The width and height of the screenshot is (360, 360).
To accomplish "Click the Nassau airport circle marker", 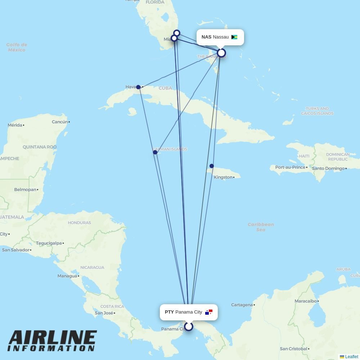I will coord(221,53).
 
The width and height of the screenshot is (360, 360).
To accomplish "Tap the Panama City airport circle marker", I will coord(189,327).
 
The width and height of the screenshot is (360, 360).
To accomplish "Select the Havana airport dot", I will coord(138,87).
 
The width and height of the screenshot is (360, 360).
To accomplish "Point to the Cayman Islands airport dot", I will coord(155,152).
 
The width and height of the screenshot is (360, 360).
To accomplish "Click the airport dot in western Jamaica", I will coord(212,166).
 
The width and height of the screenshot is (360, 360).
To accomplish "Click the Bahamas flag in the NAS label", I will coord(234,37).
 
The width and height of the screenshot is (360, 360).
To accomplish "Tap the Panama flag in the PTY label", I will coord(209,312).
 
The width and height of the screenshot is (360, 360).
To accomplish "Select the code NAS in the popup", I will coord(206,37).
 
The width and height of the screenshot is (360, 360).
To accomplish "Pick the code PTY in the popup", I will coord(169,312).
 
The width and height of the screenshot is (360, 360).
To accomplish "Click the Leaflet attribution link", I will coord(351,357).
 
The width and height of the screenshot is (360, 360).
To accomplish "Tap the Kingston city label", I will coord(223,177).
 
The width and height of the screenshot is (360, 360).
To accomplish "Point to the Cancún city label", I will coord(60,122).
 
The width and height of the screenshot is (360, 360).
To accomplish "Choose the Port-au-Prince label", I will coord(290,167).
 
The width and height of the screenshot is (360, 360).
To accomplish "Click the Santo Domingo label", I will coord(328,168).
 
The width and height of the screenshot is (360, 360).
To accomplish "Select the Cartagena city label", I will coord(242,305).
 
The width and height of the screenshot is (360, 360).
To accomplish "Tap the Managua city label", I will coord(67,276).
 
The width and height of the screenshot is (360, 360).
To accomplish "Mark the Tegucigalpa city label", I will coord(49,243).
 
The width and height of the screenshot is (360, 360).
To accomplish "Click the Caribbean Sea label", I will coord(261,227).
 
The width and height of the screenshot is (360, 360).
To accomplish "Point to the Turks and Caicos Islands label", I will coord(317,111).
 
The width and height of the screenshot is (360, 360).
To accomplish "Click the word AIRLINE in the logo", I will coord(53,338).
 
